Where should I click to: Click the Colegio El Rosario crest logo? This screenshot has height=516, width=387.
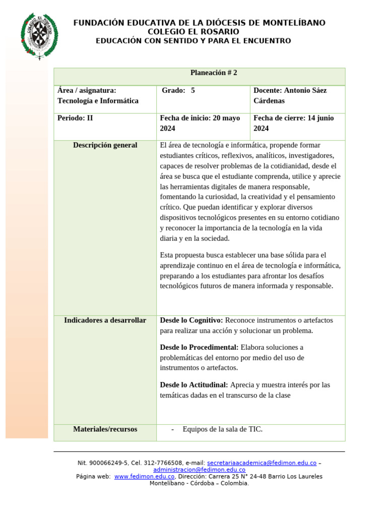(39, 35)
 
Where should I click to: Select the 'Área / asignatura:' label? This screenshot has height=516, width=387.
(87, 91)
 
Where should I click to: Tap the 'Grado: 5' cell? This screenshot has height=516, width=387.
(178, 91)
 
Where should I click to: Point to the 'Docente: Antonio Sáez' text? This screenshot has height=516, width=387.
(290, 91)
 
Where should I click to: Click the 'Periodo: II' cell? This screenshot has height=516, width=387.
(75, 118)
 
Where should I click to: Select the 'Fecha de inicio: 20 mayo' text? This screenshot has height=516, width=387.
(200, 118)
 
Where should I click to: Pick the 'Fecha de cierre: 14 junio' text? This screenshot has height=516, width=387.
(293, 118)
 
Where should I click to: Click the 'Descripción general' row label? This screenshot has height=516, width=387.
(105, 145)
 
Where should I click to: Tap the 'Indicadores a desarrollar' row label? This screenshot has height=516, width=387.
(105, 320)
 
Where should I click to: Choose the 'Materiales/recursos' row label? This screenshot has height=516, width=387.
(105, 429)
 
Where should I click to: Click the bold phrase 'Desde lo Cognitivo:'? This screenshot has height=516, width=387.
(191, 320)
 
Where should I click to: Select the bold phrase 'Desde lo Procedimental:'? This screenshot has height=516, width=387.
(199, 348)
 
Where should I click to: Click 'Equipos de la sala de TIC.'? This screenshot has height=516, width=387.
(222, 429)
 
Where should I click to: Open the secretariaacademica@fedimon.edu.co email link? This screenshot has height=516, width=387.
(262, 463)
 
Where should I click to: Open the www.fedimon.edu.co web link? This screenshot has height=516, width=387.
(144, 476)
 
